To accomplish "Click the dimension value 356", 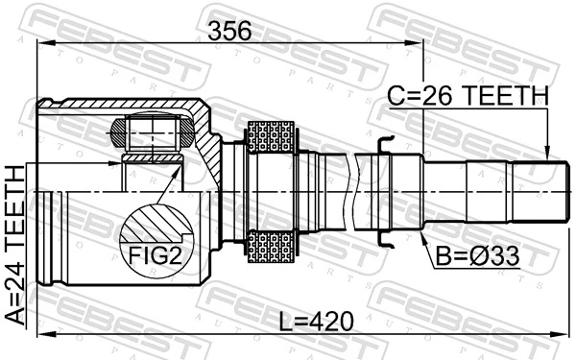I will (230, 30).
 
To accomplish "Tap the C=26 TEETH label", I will (468, 96).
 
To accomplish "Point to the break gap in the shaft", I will (362, 192).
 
